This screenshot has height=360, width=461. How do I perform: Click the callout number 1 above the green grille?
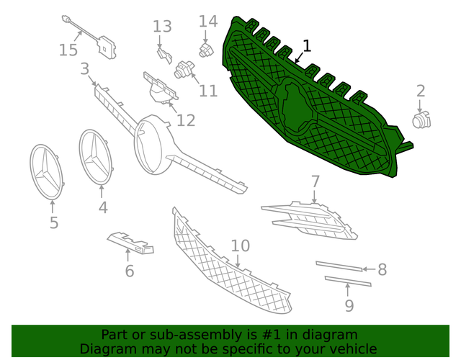(x=307, y=46)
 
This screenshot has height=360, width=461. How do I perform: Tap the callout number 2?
(x=421, y=91)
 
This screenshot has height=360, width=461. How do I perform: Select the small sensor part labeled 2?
(x=421, y=120)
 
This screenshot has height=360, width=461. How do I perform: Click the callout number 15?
(x=68, y=50)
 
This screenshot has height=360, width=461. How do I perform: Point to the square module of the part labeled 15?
(x=106, y=47)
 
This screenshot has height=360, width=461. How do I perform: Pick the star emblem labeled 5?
(x=46, y=171)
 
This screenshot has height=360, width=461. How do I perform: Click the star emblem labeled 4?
(x=96, y=158)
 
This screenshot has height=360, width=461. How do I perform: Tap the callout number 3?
(x=85, y=69)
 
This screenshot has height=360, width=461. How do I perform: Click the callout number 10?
(x=241, y=246)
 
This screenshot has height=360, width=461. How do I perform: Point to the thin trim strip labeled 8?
(x=339, y=266)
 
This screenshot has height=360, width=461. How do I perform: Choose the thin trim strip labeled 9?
(x=348, y=281)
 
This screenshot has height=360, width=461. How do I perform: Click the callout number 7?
(x=315, y=181)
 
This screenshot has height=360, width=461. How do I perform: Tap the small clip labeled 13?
(x=164, y=56)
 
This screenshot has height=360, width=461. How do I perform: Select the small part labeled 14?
(x=207, y=50)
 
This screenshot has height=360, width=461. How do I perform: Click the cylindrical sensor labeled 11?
(x=184, y=69)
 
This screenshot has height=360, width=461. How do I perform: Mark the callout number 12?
(x=186, y=120)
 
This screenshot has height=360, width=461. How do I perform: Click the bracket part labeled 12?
(x=160, y=88)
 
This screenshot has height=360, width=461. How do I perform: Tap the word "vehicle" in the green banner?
(x=355, y=349)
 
